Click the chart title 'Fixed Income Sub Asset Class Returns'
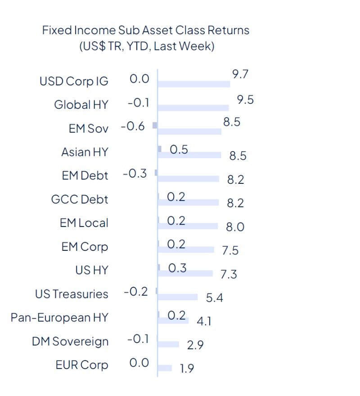coord(145,31)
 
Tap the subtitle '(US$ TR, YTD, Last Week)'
coord(145,46)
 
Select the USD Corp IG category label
coord(74,81)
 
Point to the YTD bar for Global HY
coord(193,108)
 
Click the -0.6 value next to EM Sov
coord(133,126)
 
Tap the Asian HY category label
coord(85,152)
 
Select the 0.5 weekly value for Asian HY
coord(179,150)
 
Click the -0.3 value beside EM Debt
coord(135,174)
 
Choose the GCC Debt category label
coord(80,199)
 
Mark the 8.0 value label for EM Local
coord(235,227)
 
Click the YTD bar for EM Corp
coord(186,249)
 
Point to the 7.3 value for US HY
coord(229,274)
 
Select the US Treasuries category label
coord(72,294)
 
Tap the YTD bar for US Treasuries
coord(177,297)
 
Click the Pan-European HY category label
coord(59,318)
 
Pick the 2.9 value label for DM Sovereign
coord(195,345)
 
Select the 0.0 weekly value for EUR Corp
coord(139,362)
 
